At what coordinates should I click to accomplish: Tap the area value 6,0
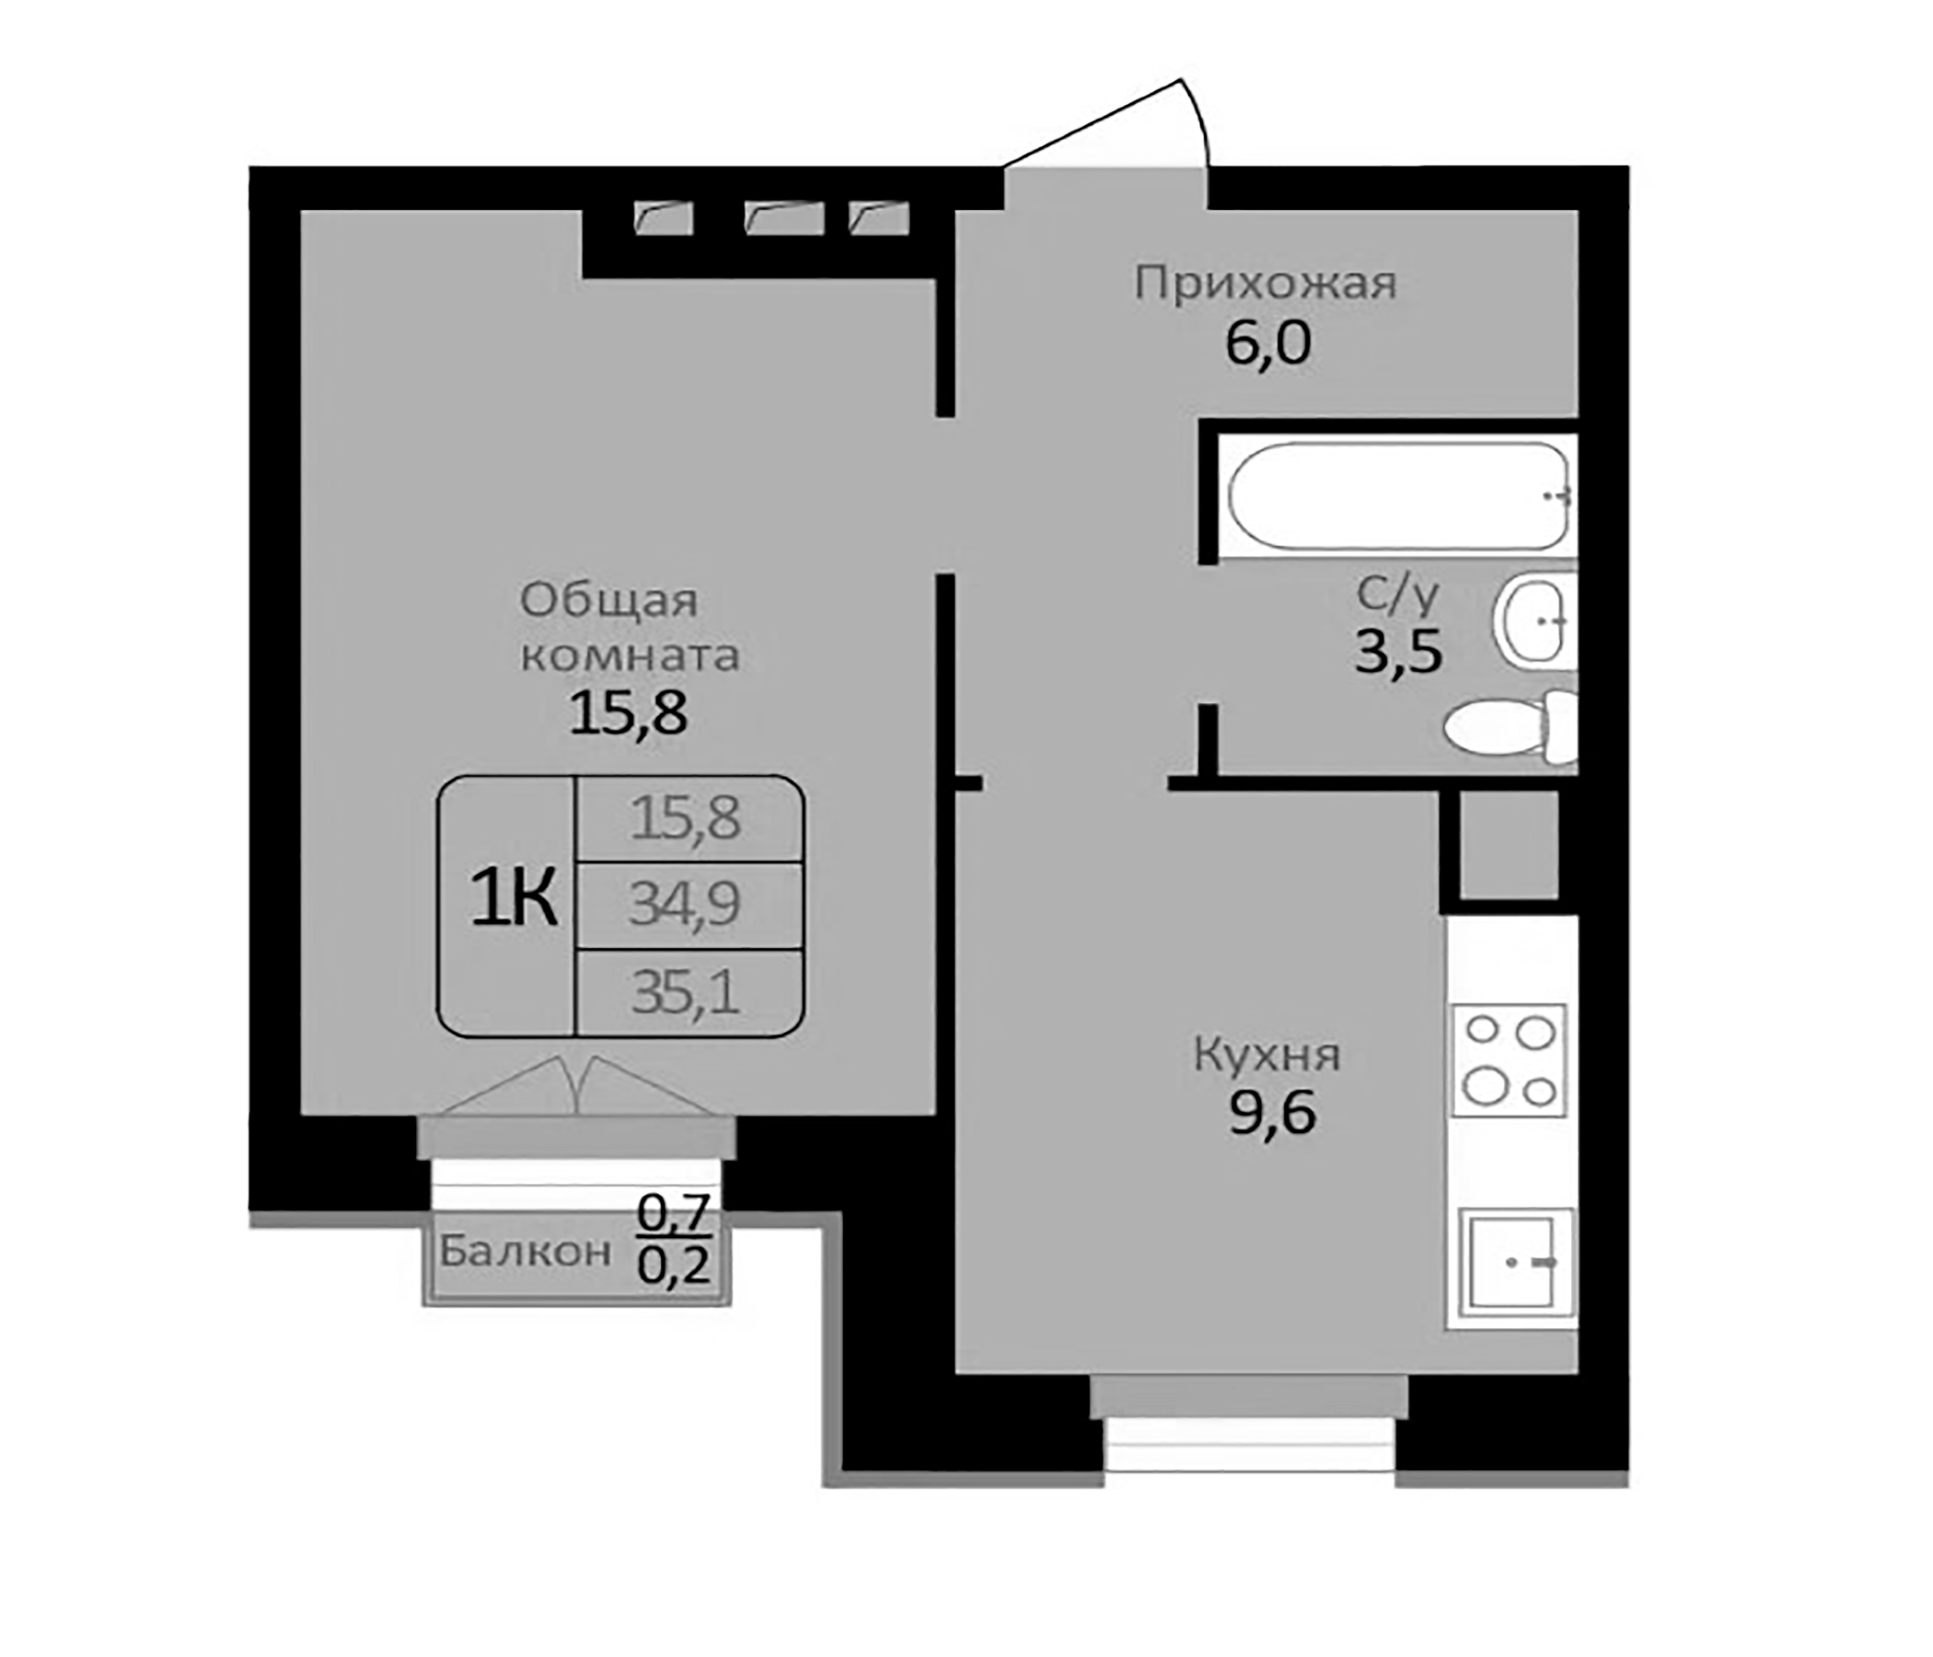point(1267,343)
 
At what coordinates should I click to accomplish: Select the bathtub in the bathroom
point(1398,496)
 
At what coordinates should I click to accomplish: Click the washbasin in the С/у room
point(1530,621)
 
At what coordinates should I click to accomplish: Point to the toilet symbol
point(1508,728)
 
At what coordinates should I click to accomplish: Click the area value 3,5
point(1398,651)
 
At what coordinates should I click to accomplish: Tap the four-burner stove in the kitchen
point(1509,1060)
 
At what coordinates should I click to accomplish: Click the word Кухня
point(1267,1056)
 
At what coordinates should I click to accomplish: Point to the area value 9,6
point(1271,1113)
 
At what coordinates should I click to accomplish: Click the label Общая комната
point(630,627)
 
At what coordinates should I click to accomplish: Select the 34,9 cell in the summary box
point(686,903)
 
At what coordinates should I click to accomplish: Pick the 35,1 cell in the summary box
point(686,992)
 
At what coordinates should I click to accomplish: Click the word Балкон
point(526,1251)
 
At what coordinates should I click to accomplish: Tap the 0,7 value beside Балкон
point(674,1213)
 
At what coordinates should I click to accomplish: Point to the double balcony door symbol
point(577,1087)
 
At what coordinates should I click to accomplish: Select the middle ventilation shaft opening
point(783,218)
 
